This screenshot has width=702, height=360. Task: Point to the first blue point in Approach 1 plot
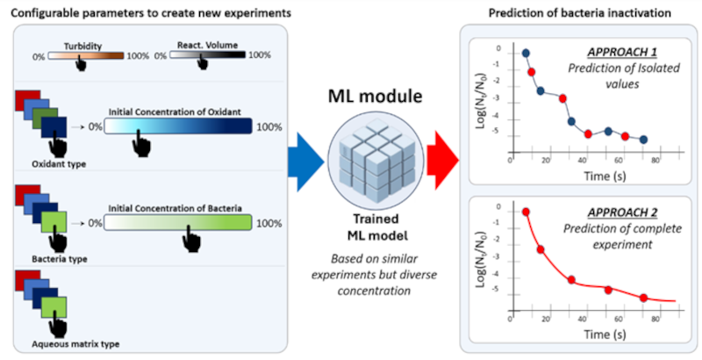pyautogui.click(x=526, y=54)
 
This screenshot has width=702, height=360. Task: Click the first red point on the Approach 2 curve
pyautogui.click(x=526, y=212)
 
